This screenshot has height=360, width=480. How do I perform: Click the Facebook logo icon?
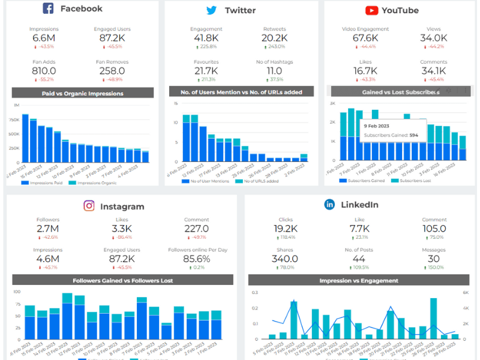coord(49,8)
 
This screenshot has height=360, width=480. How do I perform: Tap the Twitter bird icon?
coord(211,10)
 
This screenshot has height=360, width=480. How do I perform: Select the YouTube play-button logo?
coord(371,10)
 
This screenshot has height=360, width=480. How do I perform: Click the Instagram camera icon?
coord(89,206)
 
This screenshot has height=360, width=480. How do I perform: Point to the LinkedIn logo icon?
coord(329,205)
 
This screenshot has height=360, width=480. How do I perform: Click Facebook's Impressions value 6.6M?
coord(43,38)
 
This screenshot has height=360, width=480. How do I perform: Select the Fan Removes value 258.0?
coord(112,71)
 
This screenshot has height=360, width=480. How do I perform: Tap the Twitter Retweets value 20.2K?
coord(274,38)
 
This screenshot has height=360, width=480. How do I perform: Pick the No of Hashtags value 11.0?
coord(274,71)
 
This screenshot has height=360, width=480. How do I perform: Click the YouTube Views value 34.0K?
coord(433,38)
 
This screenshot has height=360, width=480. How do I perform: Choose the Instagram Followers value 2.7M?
coord(47,229)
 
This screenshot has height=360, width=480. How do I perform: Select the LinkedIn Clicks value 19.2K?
coord(286,229)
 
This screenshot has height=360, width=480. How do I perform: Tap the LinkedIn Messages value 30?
coord(434,259)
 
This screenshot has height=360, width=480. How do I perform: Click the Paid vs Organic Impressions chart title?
coord(83,93)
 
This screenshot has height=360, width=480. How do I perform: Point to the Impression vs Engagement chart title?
coord(359,280)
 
